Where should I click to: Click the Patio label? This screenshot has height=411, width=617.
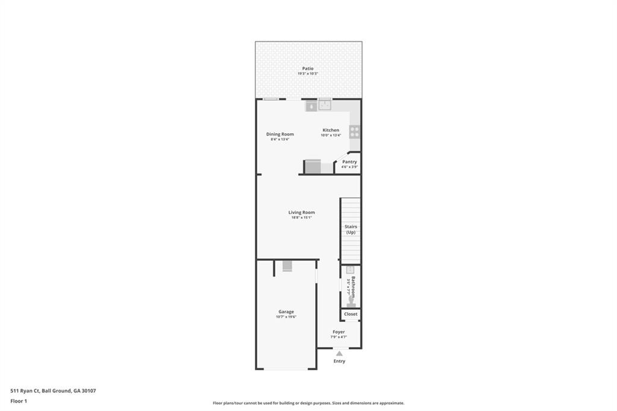(x=308, y=69)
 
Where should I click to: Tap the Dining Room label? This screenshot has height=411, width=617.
(x=280, y=134)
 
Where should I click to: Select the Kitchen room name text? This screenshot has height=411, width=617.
(x=330, y=130)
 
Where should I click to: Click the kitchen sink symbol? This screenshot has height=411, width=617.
(x=325, y=105)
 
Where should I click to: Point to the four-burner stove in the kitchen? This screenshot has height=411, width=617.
(x=354, y=131)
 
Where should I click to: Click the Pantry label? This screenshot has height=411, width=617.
(x=349, y=162)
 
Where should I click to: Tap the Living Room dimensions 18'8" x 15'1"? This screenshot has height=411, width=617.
(x=301, y=218)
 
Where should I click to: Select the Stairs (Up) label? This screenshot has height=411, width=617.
(x=351, y=229)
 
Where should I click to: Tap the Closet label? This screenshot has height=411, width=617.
(x=351, y=314)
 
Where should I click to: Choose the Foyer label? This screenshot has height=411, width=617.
(x=339, y=331)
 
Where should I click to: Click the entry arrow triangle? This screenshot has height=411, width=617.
(x=339, y=354)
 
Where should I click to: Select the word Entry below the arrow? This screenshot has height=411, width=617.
(x=339, y=361)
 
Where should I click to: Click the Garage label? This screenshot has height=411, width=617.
(x=286, y=312)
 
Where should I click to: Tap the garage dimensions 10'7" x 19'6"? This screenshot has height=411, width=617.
(x=286, y=317)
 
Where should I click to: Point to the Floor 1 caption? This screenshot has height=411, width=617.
(x=19, y=401)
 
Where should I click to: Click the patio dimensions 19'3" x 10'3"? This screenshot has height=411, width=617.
(x=308, y=74)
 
